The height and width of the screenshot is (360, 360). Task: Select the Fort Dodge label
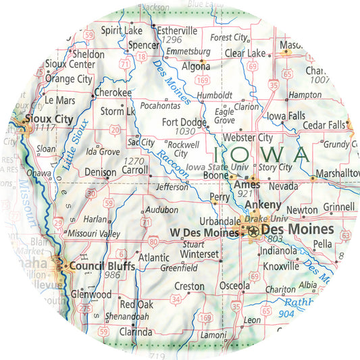click(x=184, y=122)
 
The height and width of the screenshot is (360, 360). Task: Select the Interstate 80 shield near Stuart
click(x=155, y=241)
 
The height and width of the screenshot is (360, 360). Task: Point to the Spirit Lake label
click(x=122, y=30)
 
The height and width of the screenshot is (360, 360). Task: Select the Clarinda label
click(x=136, y=332)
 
